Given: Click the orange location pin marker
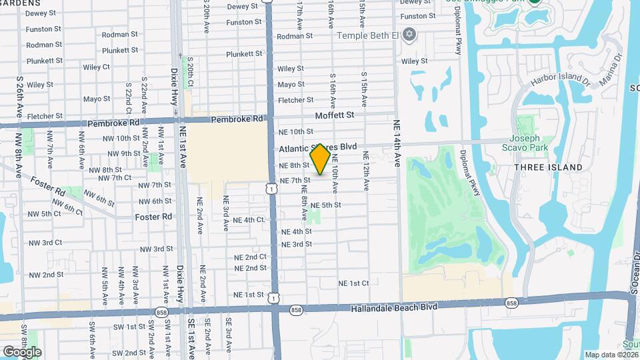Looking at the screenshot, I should (320, 159).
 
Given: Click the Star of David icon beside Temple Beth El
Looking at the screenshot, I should (409, 33).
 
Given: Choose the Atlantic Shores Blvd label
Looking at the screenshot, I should (318, 147).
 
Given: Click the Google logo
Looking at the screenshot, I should (22, 351).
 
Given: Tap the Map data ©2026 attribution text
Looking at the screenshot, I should (611, 355).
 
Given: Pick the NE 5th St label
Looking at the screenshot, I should (325, 205).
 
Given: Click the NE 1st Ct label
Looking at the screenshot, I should (353, 283).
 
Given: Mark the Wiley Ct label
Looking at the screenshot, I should (97, 67).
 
